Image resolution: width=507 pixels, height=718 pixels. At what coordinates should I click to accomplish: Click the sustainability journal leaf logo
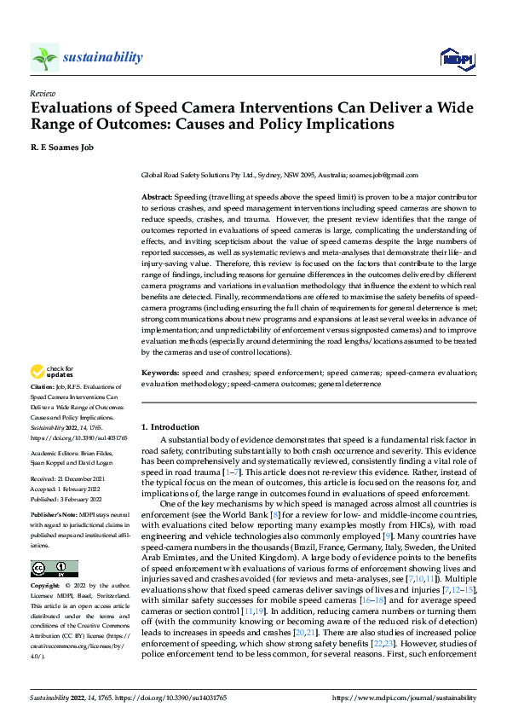tap(45, 58)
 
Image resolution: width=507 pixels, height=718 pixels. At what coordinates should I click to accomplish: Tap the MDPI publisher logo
tap(457, 58)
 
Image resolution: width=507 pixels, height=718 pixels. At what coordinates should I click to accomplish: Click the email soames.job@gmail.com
tap(389, 175)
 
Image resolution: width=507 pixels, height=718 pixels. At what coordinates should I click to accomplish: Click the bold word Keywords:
tap(160, 373)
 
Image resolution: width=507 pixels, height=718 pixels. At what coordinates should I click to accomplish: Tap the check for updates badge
tap(51, 372)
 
